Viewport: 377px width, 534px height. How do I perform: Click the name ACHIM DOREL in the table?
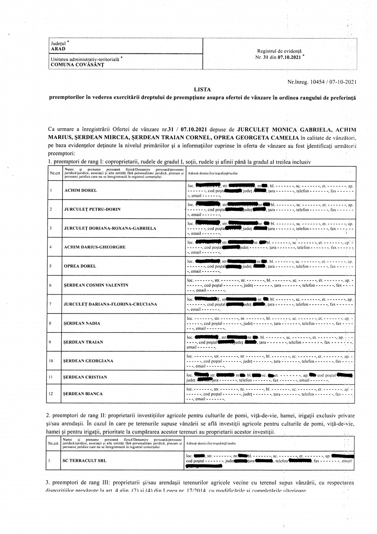point(80,190)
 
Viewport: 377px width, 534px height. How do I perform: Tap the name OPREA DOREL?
point(80,266)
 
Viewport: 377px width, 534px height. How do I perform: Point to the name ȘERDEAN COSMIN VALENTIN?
point(96,285)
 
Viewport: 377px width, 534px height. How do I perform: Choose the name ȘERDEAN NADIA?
point(82,323)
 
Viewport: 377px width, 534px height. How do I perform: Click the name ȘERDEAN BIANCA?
point(83,394)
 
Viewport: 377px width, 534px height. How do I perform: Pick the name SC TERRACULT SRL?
point(85,461)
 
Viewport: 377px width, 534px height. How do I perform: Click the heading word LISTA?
point(202,90)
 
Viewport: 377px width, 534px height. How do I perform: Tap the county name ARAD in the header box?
point(58,49)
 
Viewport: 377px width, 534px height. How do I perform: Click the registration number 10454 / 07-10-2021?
point(334,82)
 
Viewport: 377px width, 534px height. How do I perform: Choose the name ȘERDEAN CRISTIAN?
point(85,377)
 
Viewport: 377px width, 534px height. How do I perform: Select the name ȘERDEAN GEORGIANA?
point(88,361)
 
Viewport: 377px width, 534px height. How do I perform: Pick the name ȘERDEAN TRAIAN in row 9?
point(83,342)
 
